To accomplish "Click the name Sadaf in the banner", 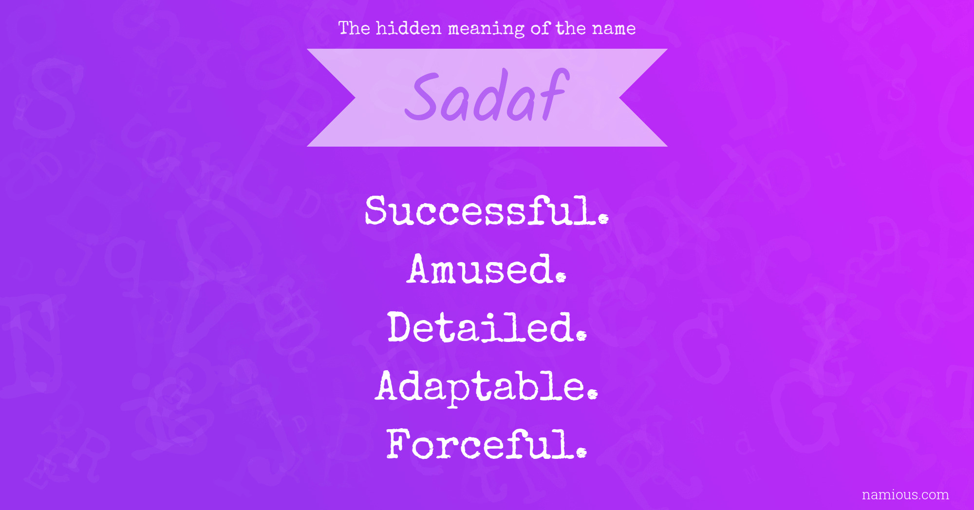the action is click(x=487, y=96).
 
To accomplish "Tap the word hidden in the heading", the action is click(x=409, y=28).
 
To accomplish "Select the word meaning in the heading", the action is click(x=486, y=29).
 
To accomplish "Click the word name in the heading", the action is click(x=614, y=29).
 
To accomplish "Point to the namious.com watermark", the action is click(x=905, y=495).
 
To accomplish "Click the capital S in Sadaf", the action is click(x=423, y=96).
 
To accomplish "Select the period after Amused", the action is click(x=561, y=277).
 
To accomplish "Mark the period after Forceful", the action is click(x=581, y=453).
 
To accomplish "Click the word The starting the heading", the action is click(x=355, y=28).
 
